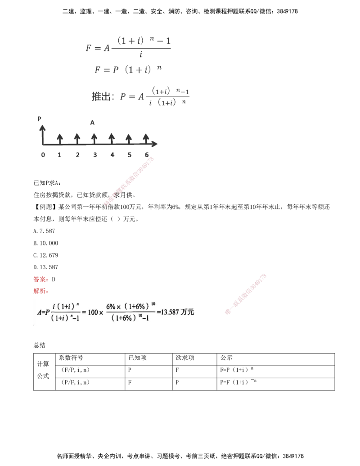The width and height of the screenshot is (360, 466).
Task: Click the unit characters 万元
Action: pos(188,312)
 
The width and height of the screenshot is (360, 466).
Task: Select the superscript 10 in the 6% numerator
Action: pos(151,303)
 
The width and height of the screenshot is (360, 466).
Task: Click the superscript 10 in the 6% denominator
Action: pos(145,315)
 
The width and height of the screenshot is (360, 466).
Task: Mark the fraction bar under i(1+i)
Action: pos(65,312)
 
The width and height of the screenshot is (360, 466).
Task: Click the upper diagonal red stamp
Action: pos(129,181)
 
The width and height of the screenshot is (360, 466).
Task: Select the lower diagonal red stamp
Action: pos(245,293)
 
